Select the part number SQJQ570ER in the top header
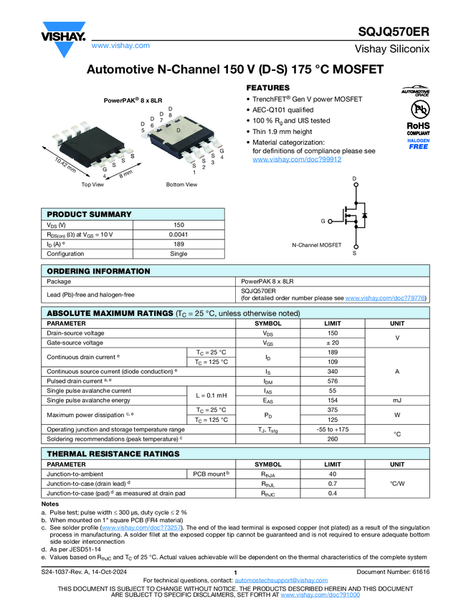click(394, 32)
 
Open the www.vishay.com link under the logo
click(120, 45)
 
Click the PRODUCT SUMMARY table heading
click(89, 214)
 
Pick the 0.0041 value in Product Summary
click(179, 234)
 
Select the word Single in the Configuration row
click(179, 254)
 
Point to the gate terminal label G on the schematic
click(323, 221)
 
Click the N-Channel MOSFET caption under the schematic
click(317, 244)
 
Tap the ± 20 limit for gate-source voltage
click(332, 343)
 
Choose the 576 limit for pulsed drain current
click(332, 381)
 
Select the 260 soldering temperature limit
click(332, 438)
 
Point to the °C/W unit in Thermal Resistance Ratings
click(397, 484)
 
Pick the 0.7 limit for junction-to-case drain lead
click(332, 484)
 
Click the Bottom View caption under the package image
click(181, 185)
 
